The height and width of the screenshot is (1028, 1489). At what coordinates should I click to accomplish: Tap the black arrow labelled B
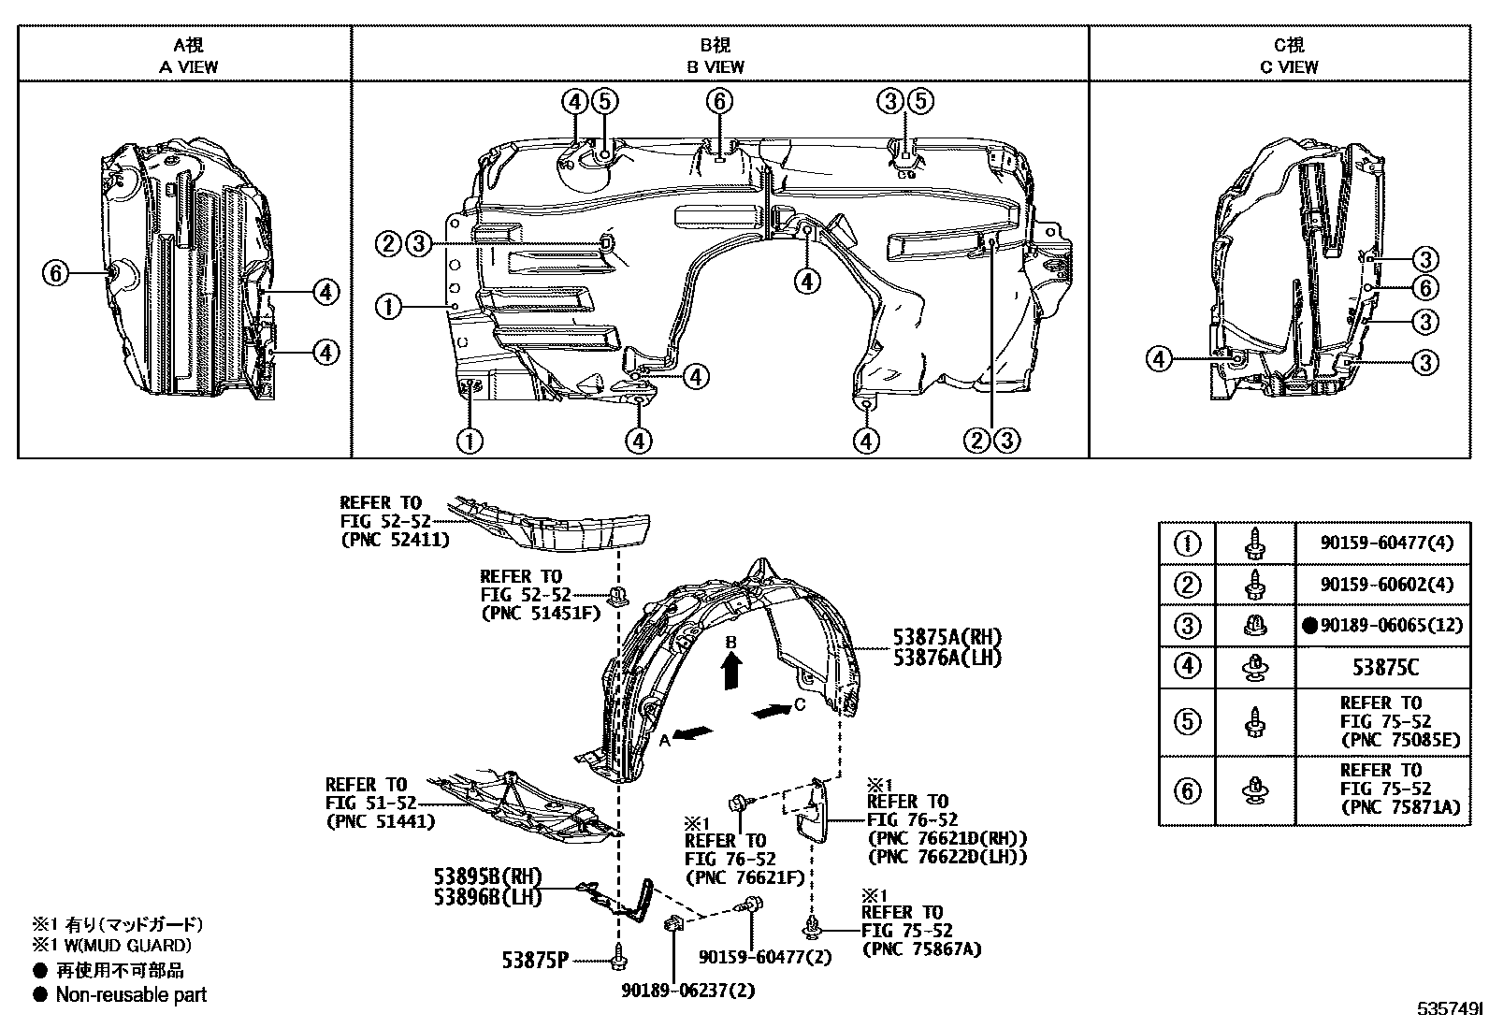tap(731, 671)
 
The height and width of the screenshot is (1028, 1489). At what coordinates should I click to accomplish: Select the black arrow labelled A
tap(693, 732)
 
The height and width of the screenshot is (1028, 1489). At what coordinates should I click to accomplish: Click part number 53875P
tap(535, 960)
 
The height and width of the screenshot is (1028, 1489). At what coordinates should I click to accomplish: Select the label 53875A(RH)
tap(947, 637)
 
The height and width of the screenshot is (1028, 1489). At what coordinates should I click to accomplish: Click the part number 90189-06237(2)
tap(688, 990)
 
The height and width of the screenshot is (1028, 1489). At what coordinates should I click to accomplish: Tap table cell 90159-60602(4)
tap(1387, 584)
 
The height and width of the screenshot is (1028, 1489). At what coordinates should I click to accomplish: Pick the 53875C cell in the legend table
tap(1385, 667)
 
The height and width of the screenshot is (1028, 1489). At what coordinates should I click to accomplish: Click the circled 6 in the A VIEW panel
tap(56, 273)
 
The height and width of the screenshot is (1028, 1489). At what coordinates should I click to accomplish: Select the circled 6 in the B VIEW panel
tap(719, 101)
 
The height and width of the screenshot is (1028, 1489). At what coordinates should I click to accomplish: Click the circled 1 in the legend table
tap(1187, 543)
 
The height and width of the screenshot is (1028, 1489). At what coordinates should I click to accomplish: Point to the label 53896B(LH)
tap(488, 897)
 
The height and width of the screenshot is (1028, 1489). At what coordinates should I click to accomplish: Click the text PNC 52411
tap(396, 540)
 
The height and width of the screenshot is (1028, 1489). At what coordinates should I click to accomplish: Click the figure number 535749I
tap(1449, 1008)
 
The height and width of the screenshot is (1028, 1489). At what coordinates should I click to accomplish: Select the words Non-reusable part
tap(132, 994)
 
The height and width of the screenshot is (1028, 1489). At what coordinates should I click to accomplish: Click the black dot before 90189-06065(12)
tap(1309, 625)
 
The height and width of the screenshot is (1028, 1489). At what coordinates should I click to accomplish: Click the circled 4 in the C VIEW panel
tap(1159, 359)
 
